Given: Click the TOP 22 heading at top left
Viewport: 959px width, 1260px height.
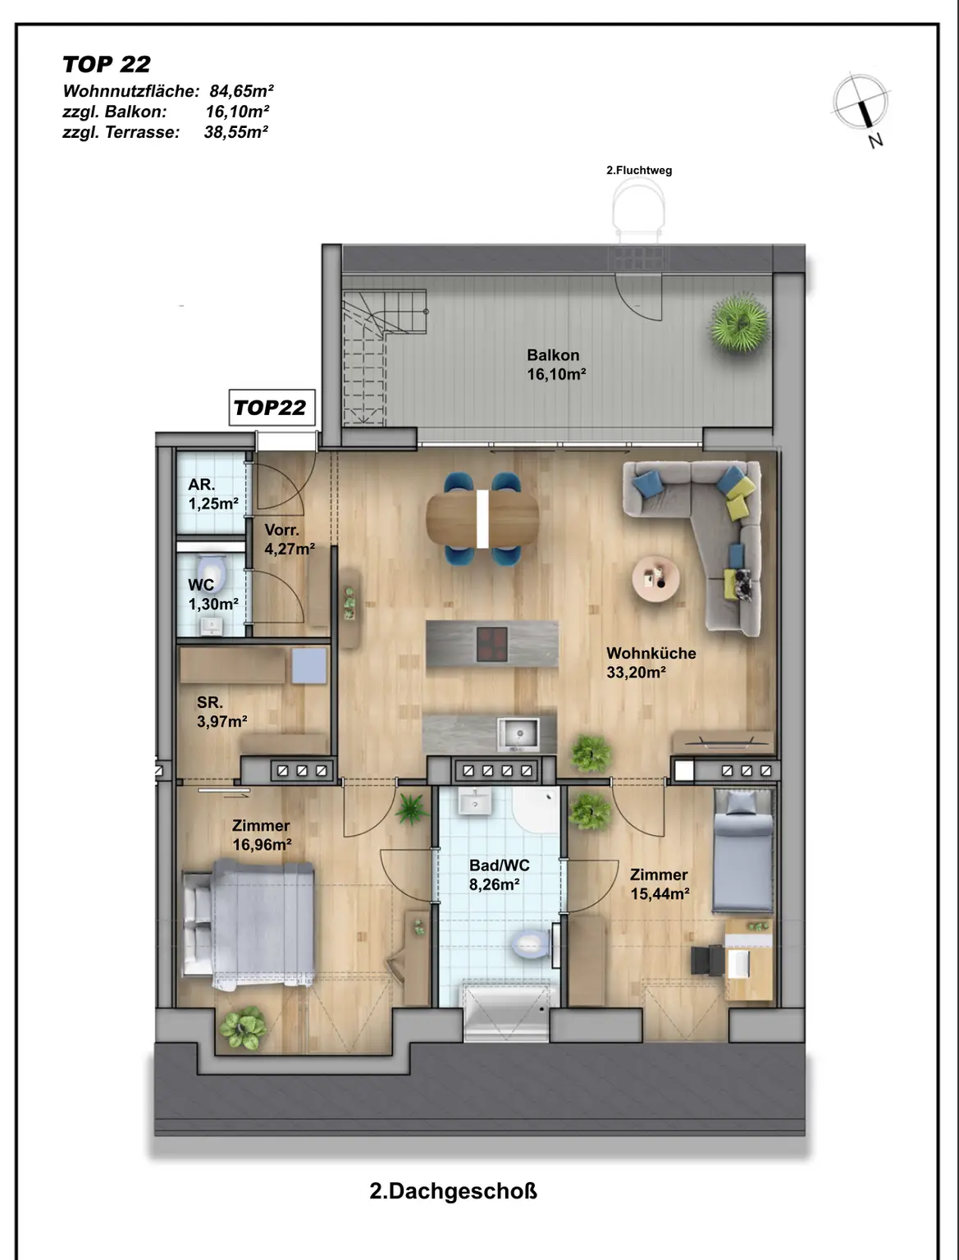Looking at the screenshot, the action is (x=107, y=64).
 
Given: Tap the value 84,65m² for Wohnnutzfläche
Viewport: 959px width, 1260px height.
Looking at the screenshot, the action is (x=241, y=91).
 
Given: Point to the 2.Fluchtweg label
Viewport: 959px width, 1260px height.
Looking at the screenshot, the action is (x=639, y=171).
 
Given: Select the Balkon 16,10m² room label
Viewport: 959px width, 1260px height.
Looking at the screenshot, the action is (x=556, y=364).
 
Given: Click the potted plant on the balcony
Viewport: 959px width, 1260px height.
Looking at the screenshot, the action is (x=739, y=322).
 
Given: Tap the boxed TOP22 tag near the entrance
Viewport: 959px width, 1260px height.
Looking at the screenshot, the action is (x=272, y=408).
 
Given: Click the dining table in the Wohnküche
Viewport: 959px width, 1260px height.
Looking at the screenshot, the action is (x=482, y=519).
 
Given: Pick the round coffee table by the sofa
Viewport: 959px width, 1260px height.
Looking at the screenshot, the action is (x=655, y=578).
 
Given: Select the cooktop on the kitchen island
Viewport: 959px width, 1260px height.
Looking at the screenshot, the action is (x=492, y=644).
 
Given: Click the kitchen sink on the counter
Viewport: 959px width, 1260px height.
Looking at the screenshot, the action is (x=518, y=734).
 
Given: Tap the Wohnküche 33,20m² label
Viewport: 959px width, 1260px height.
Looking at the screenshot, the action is (x=651, y=663).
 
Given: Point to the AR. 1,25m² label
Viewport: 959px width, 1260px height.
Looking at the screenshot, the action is (x=213, y=494).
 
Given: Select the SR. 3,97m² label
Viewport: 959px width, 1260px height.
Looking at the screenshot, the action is (x=221, y=712).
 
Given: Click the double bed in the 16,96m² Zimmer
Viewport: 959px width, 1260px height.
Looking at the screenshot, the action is (x=249, y=924).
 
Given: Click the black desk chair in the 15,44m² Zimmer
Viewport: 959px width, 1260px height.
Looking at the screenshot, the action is (x=707, y=960).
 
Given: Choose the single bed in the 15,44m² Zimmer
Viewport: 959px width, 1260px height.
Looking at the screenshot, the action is (x=742, y=851).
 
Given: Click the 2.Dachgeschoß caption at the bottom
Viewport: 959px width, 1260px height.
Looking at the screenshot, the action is (x=454, y=1192).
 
